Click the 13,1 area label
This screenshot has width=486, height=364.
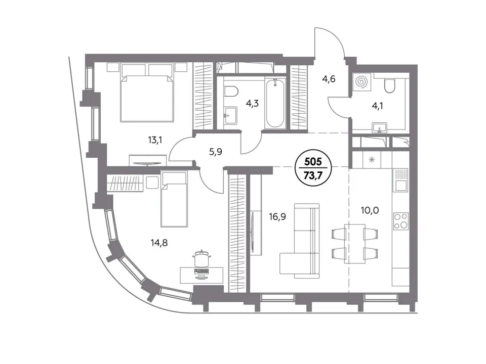[x=155, y=140]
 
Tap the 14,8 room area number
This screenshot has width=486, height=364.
[x=159, y=243]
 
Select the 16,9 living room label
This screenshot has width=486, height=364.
[x=277, y=217]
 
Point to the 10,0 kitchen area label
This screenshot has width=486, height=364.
[x=370, y=210]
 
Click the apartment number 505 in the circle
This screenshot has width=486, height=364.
[x=313, y=162]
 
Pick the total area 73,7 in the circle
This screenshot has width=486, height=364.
[x=313, y=175]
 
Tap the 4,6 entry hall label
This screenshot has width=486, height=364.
[x=329, y=79]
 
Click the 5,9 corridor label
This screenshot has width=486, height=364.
[x=216, y=152]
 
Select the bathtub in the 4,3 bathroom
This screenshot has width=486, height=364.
[x=274, y=103]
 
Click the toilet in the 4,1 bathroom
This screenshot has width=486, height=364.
[x=389, y=85]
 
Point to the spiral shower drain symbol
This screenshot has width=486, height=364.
[x=361, y=82]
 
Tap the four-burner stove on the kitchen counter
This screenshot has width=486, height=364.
[x=400, y=221]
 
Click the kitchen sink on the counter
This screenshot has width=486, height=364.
[x=400, y=180]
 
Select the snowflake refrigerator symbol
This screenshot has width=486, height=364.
[x=372, y=160]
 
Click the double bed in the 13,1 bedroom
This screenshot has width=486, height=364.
[x=147, y=92]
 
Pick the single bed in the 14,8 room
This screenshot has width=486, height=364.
[x=174, y=199]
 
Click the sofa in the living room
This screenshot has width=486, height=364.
[x=300, y=240]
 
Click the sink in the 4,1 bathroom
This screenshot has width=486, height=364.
[x=380, y=127]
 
